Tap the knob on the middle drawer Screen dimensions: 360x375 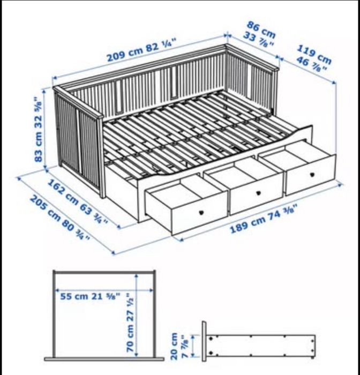click(x=258, y=193)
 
